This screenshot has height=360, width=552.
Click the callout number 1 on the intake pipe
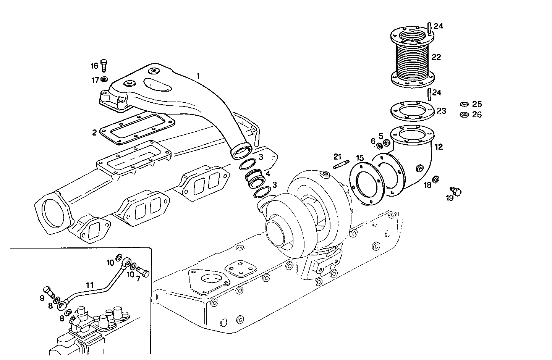(198, 76)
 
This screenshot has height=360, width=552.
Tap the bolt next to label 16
(104, 66)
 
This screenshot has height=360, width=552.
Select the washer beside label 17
(104, 80)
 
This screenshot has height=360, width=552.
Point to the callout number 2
(94, 132)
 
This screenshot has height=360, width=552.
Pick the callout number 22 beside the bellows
(436, 57)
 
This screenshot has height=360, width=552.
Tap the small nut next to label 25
(464, 104)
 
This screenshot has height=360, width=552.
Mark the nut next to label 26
(464, 115)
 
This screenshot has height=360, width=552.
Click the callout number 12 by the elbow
(439, 147)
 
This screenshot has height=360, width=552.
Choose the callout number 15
(360, 158)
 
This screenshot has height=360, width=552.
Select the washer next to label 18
(435, 179)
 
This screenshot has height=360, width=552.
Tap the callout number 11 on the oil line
(89, 285)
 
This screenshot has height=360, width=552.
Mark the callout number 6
(373, 141)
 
